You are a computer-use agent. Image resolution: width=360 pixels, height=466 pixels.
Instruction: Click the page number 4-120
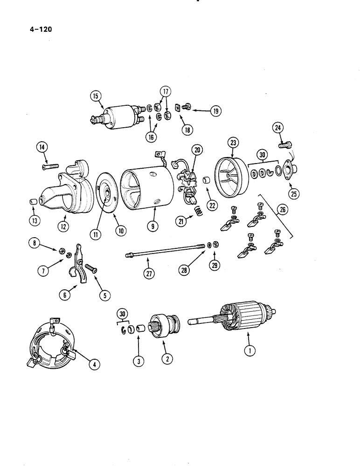click(x=35, y=29)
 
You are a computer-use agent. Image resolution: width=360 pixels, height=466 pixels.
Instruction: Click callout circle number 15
click(x=95, y=96)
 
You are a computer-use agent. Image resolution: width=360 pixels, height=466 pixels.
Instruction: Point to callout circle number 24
click(x=277, y=128)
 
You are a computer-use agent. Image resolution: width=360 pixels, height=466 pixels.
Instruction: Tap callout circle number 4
click(x=94, y=365)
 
